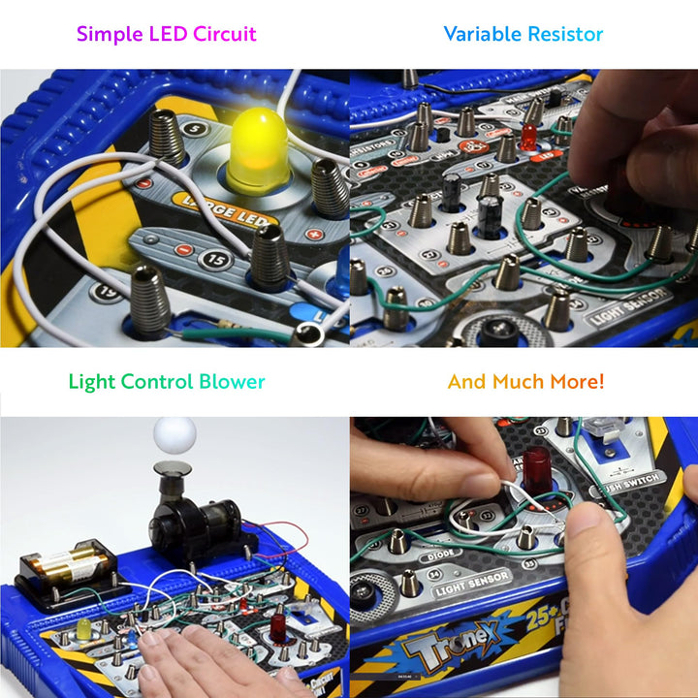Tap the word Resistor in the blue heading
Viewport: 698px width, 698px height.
[x=564, y=34]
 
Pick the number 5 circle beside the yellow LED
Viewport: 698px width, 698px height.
[x=197, y=127]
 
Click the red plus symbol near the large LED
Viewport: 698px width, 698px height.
[x=312, y=234]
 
